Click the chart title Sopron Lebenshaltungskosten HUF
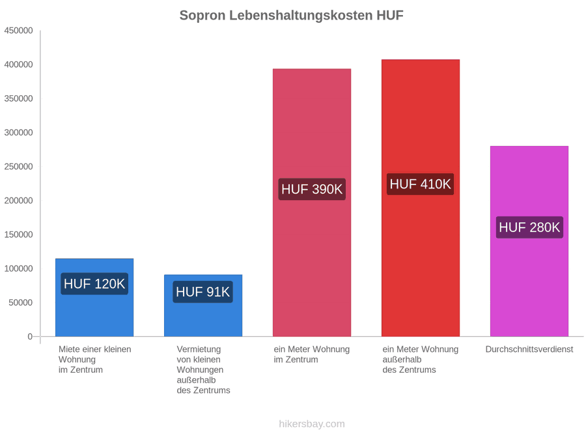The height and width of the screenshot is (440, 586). (x=292, y=16)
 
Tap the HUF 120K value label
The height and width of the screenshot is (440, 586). (x=94, y=284)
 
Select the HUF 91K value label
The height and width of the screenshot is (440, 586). (x=203, y=292)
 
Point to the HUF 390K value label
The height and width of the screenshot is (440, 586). (x=312, y=189)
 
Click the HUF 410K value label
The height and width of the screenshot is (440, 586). (x=421, y=184)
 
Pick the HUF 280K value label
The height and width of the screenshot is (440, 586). (x=529, y=227)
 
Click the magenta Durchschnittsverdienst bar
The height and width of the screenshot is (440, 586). (x=529, y=241)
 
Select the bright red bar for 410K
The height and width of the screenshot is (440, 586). (x=421, y=198)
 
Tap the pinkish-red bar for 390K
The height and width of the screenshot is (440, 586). (x=312, y=203)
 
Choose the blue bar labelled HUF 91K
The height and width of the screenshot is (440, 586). (x=203, y=306)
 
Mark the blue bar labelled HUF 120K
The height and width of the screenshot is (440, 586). (x=94, y=297)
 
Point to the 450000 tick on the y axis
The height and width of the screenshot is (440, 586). (x=19, y=31)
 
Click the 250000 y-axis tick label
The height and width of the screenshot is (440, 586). (x=19, y=166)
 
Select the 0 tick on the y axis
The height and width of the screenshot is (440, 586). (x=30, y=336)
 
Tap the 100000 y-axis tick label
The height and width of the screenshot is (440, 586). (x=19, y=269)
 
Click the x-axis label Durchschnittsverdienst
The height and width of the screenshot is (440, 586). (x=529, y=349)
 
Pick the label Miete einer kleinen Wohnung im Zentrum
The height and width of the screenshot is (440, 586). (x=95, y=360)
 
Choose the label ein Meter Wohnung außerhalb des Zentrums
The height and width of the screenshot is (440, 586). (x=421, y=360)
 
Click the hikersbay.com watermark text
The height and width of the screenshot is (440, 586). (x=312, y=424)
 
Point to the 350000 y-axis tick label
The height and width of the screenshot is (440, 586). (x=19, y=98)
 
